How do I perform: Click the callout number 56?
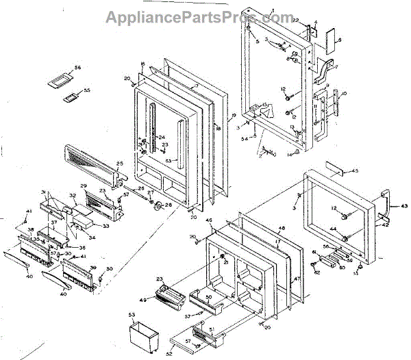(78, 68)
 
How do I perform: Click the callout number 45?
(355, 170)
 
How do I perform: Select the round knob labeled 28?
(158, 207)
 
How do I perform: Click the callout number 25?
(119, 164)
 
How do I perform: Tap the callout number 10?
(343, 93)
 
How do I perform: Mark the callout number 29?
(84, 187)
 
